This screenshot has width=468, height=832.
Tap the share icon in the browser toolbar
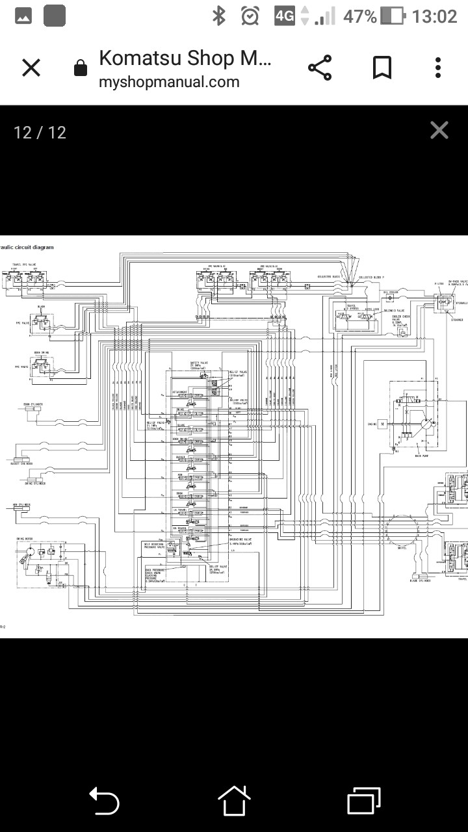[x=319, y=68]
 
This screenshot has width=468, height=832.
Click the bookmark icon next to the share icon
[x=382, y=68]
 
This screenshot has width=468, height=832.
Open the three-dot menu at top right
[x=438, y=68]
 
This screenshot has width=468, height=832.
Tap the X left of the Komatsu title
[x=31, y=68]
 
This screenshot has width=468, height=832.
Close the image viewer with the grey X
[x=439, y=131]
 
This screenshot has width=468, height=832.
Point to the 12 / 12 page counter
[x=40, y=133]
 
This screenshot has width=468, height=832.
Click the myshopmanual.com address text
[x=169, y=83]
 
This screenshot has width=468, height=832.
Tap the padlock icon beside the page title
[x=81, y=68]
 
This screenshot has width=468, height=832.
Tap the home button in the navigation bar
[x=234, y=801]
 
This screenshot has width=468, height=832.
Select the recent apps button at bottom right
[x=364, y=801]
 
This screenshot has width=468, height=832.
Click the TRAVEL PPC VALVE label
[x=24, y=265]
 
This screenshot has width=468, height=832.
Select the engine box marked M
[x=383, y=424]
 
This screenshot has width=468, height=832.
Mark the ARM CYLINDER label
[x=22, y=504]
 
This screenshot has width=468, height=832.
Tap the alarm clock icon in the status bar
[x=250, y=16]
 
